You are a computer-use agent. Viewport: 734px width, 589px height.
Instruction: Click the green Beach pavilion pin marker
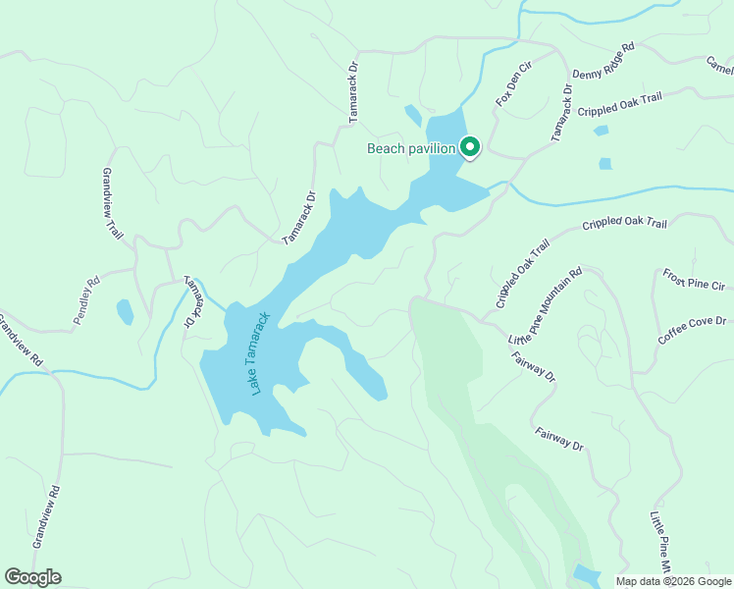click(x=470, y=148)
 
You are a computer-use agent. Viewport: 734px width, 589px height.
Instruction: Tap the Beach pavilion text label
click(x=411, y=149)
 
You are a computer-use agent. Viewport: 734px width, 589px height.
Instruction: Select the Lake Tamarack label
click(x=259, y=353)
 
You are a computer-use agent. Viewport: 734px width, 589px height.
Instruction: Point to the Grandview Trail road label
click(x=113, y=203)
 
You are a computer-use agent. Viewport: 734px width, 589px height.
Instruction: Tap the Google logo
click(x=32, y=577)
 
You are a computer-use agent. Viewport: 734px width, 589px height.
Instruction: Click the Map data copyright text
click(x=673, y=581)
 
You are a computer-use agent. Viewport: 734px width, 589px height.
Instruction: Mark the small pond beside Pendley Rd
click(x=125, y=312)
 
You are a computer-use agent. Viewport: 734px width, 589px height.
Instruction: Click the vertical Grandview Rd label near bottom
click(x=46, y=516)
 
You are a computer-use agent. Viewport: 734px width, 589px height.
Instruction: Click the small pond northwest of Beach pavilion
click(x=413, y=116)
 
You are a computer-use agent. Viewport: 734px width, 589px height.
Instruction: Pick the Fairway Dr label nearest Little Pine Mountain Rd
click(x=534, y=362)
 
